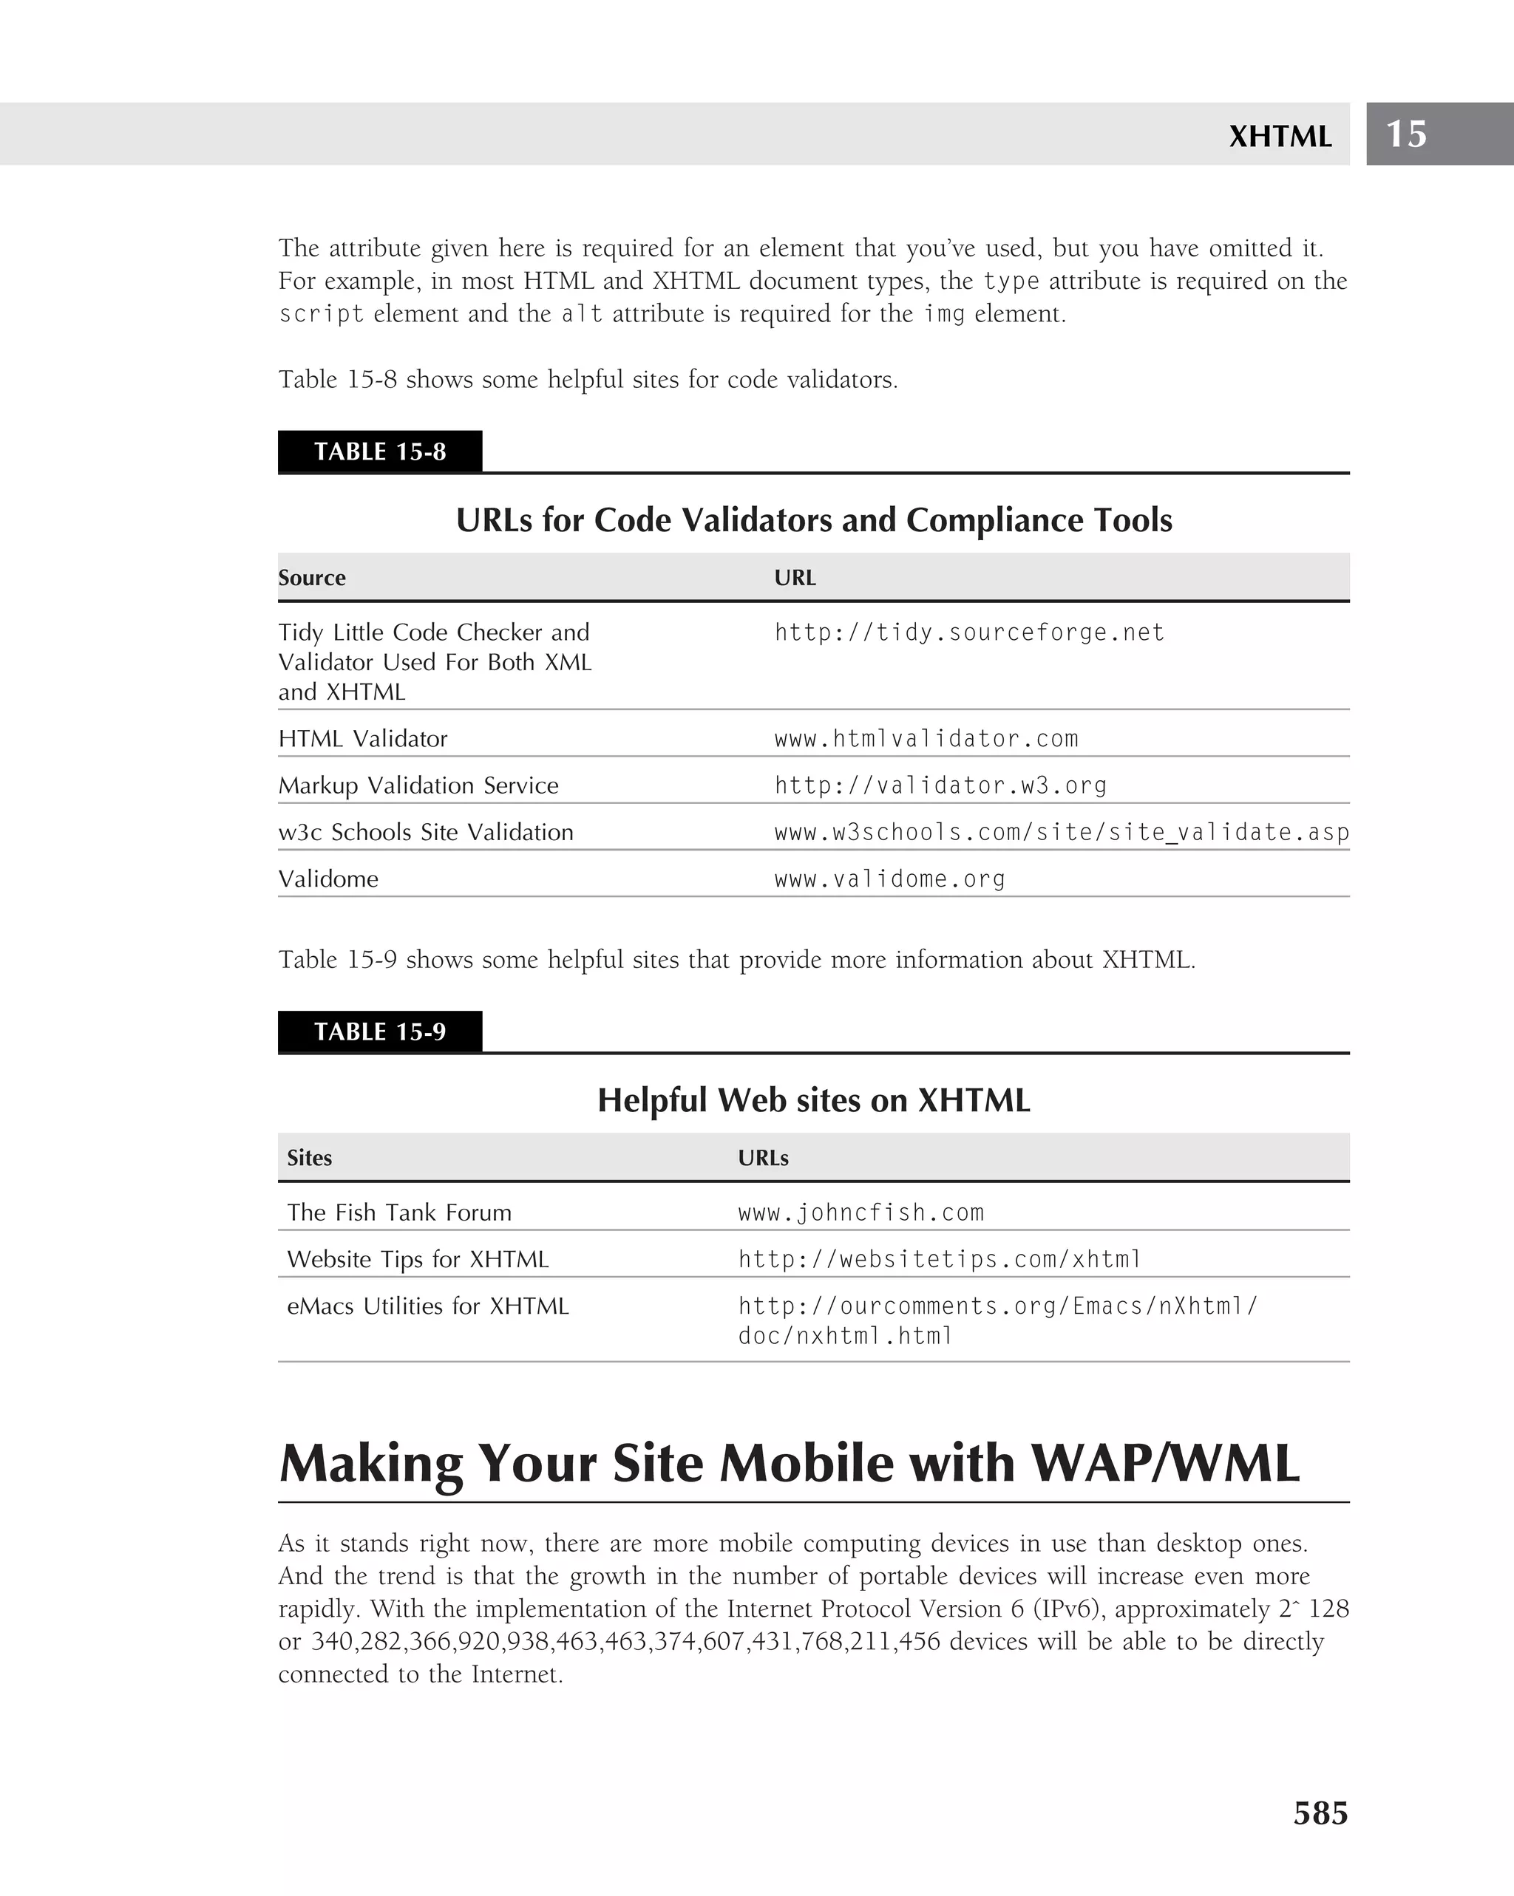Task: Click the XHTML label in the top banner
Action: click(1279, 136)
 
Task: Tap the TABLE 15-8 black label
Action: click(379, 452)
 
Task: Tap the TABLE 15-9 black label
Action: click(379, 1031)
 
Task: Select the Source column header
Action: click(311, 578)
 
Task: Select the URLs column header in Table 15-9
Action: click(763, 1158)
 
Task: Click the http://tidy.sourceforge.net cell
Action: click(968, 632)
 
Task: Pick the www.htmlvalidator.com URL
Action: click(926, 739)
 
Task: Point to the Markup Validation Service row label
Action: click(418, 785)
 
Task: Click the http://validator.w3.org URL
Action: click(940, 785)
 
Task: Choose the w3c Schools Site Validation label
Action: click(425, 832)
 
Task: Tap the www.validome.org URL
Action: click(889, 879)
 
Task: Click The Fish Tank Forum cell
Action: click(398, 1213)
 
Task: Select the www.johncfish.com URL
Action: click(860, 1213)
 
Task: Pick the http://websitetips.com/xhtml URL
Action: click(939, 1259)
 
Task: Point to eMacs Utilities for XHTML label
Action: click(427, 1306)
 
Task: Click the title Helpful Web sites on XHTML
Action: click(813, 1100)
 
